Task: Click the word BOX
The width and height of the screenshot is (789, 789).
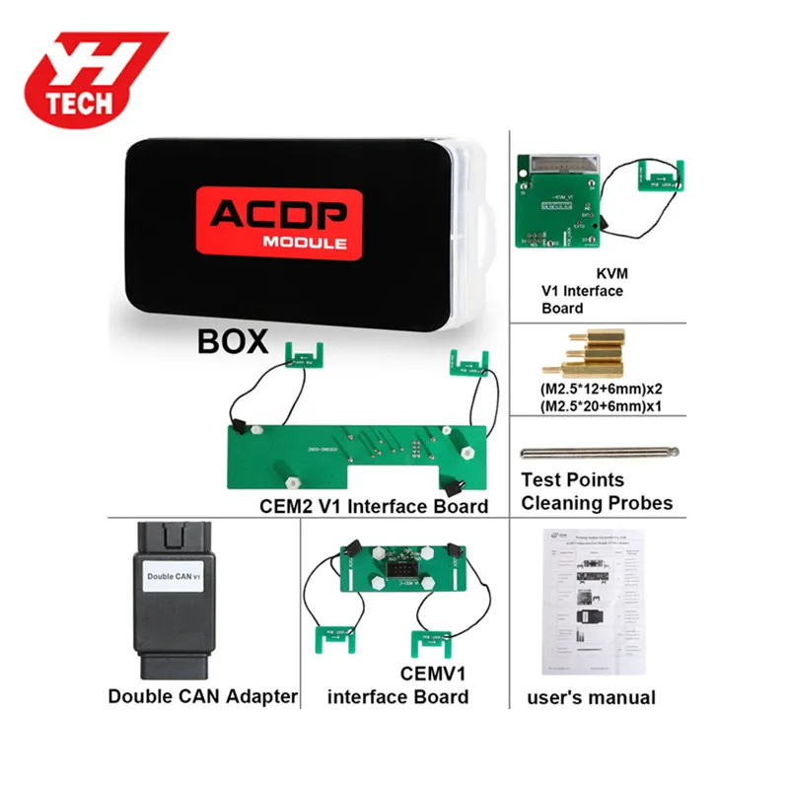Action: (x=233, y=341)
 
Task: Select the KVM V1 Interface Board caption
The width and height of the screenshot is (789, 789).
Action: (x=583, y=291)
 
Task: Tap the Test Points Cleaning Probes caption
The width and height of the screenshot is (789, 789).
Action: (x=596, y=491)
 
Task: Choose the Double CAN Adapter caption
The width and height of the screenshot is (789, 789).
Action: (x=202, y=696)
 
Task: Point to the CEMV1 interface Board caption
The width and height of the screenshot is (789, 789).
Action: (x=397, y=686)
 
